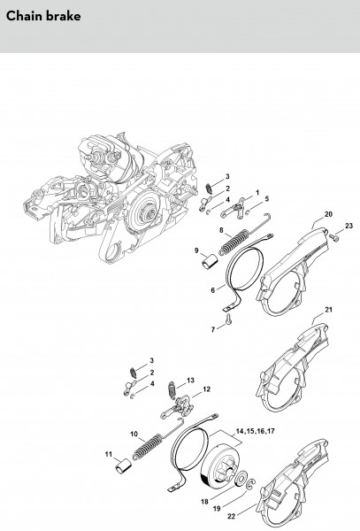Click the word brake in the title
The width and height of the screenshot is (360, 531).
[x=63, y=16]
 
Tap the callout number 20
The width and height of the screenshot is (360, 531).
[x=328, y=214]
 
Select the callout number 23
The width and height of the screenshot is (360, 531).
[x=349, y=226]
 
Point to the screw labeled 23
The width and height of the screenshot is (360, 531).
[x=334, y=238]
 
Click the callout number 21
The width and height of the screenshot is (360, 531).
[x=328, y=310]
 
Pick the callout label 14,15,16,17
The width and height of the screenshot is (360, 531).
[x=255, y=431]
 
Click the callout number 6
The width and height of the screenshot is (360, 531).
[x=213, y=290]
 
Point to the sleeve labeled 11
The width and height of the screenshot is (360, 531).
[x=123, y=466]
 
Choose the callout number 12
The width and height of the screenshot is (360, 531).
[x=206, y=389]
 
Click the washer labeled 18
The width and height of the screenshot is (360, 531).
[x=241, y=480]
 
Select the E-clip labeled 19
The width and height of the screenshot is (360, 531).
[x=252, y=485]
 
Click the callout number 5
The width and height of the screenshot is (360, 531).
[x=267, y=198]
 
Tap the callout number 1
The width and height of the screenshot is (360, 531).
[x=257, y=192]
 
